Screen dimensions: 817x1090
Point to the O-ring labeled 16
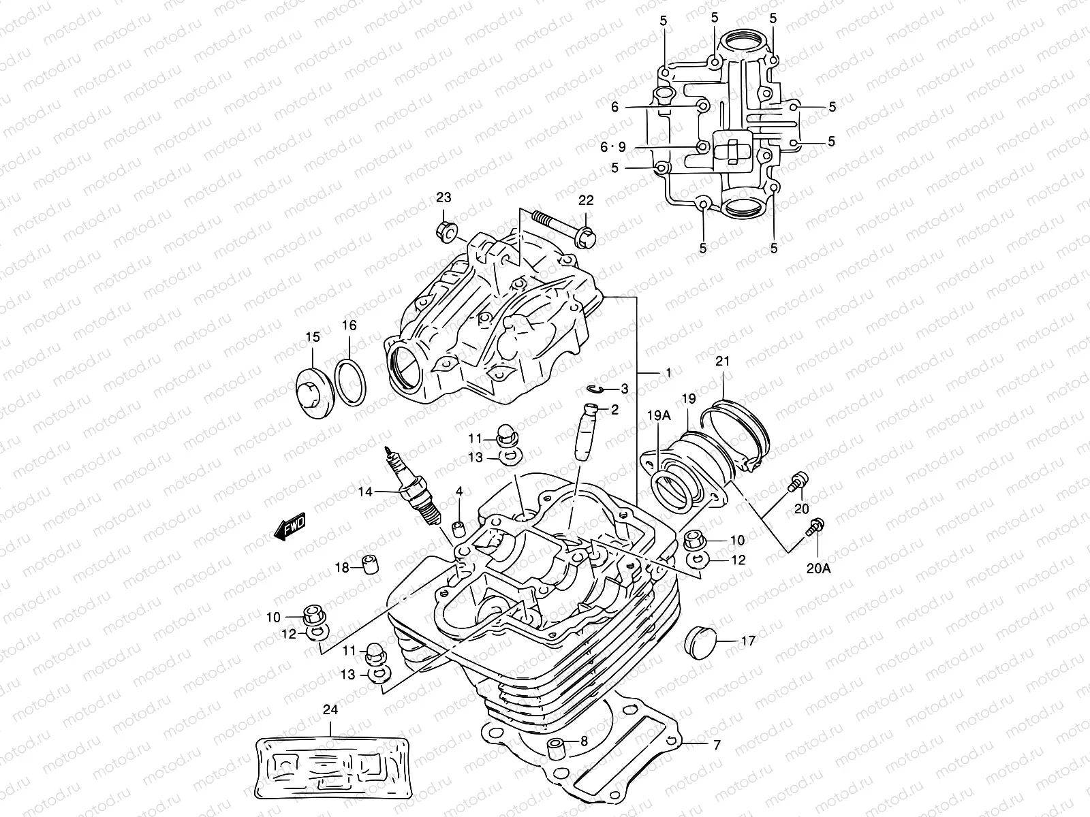coord(352,383)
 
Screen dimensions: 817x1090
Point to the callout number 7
coord(716,746)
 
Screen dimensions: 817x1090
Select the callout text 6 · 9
coord(612,146)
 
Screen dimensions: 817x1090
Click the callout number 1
coord(668,373)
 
